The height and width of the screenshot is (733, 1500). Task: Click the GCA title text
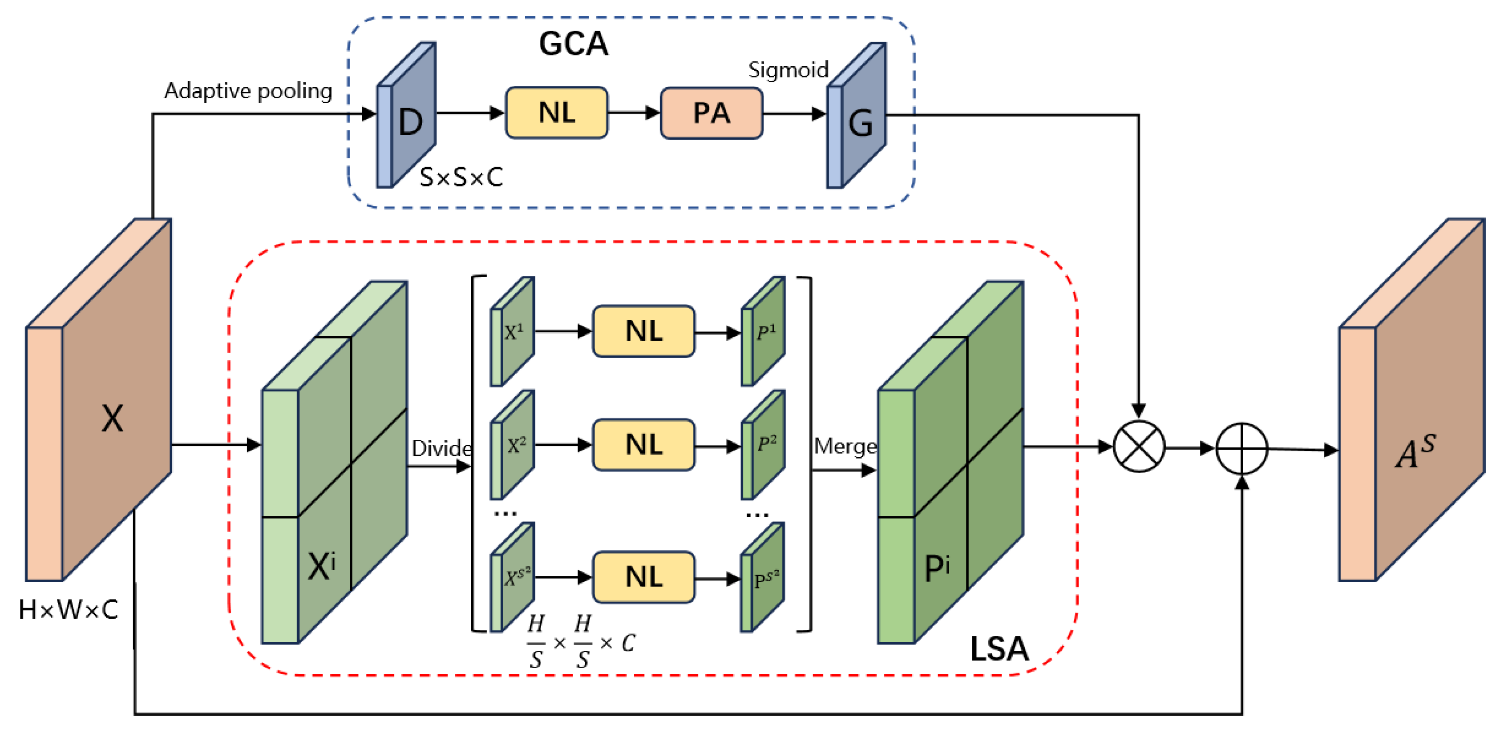tap(573, 44)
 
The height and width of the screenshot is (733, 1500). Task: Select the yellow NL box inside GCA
tap(557, 113)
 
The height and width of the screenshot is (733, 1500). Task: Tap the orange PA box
tap(711, 113)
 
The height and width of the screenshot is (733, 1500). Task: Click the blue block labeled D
tap(408, 119)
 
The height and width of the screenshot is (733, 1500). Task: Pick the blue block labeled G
tap(858, 119)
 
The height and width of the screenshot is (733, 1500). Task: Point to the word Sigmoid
tap(788, 70)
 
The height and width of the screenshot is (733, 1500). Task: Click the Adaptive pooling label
tap(248, 91)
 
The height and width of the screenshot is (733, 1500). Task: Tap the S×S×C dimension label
tap(461, 177)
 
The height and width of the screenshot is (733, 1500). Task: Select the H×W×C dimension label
tap(68, 609)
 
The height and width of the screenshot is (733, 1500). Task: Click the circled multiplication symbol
tap(1138, 447)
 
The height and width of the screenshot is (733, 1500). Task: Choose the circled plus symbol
tap(1241, 449)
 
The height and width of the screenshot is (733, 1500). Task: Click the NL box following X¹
tap(643, 330)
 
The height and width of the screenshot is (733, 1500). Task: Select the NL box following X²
tap(643, 444)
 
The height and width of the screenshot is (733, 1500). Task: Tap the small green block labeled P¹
tap(764, 332)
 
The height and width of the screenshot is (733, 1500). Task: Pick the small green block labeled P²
tap(764, 445)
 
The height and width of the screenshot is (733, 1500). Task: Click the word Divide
tap(441, 448)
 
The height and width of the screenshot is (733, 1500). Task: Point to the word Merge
tap(845, 447)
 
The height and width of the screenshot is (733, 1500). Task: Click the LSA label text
tap(999, 648)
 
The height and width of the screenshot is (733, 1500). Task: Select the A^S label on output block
tap(1415, 451)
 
